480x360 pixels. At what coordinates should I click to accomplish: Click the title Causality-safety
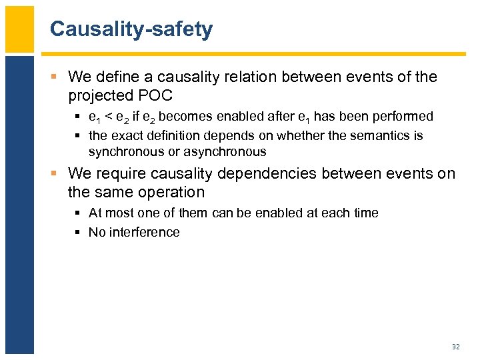pos(131,29)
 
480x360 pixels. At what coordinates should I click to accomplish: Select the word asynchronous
pos(225,151)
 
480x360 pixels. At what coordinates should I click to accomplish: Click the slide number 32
pos(456,347)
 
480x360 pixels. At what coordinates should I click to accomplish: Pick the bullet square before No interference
pos(79,233)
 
